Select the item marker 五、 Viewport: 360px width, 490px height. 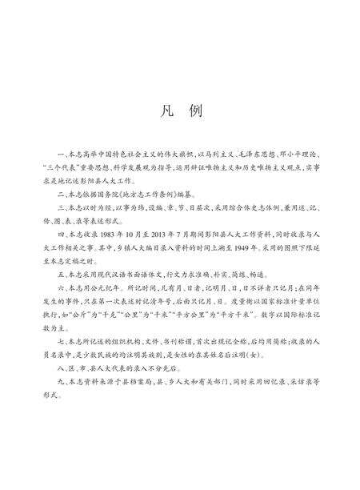click(x=60, y=271)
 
